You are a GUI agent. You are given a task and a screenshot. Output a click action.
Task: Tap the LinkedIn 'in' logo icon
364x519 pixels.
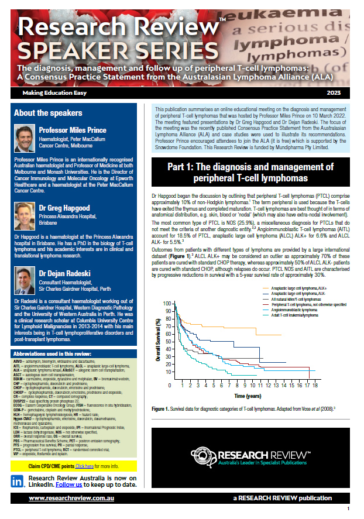click(17, 481)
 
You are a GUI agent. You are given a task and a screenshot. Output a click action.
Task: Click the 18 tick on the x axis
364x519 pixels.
click(315, 386)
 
